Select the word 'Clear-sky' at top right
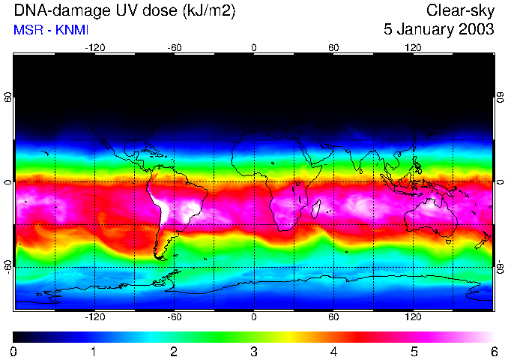click(460, 10)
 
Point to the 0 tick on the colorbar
click(14, 351)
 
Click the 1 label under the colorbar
click(94, 351)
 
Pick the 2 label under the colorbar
click(174, 351)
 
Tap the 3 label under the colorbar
click(254, 351)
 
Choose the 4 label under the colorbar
click(333, 351)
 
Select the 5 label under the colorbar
click(414, 351)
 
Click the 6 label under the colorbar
click(493, 351)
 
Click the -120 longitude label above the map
click(94, 48)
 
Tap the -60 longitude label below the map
click(174, 317)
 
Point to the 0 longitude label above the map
click(254, 48)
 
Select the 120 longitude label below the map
click(413, 317)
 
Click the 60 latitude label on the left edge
click(8, 97)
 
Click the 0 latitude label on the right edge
click(500, 182)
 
